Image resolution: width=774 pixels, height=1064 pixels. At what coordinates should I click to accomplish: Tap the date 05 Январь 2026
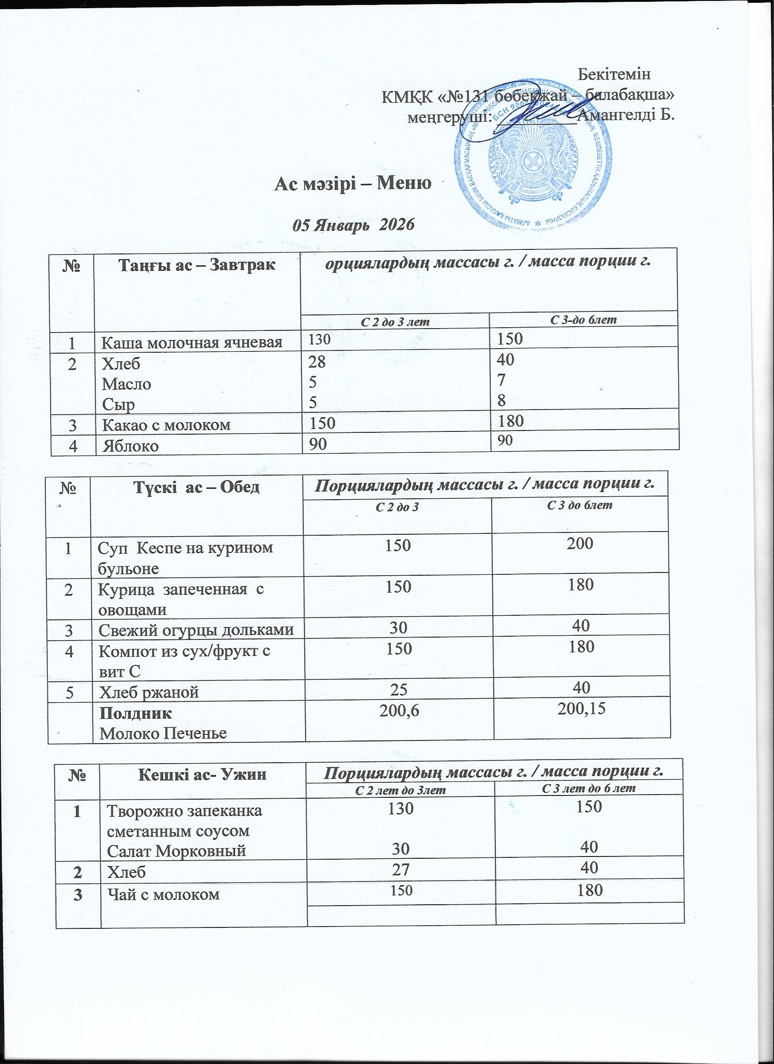click(x=353, y=226)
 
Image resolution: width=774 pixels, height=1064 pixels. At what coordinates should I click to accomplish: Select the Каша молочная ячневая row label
click(x=192, y=343)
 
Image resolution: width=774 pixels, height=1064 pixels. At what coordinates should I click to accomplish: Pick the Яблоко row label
click(x=130, y=445)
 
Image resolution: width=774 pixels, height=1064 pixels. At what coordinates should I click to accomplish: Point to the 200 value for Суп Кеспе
click(x=580, y=544)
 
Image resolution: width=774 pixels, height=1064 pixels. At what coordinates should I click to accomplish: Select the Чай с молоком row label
click(x=163, y=894)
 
